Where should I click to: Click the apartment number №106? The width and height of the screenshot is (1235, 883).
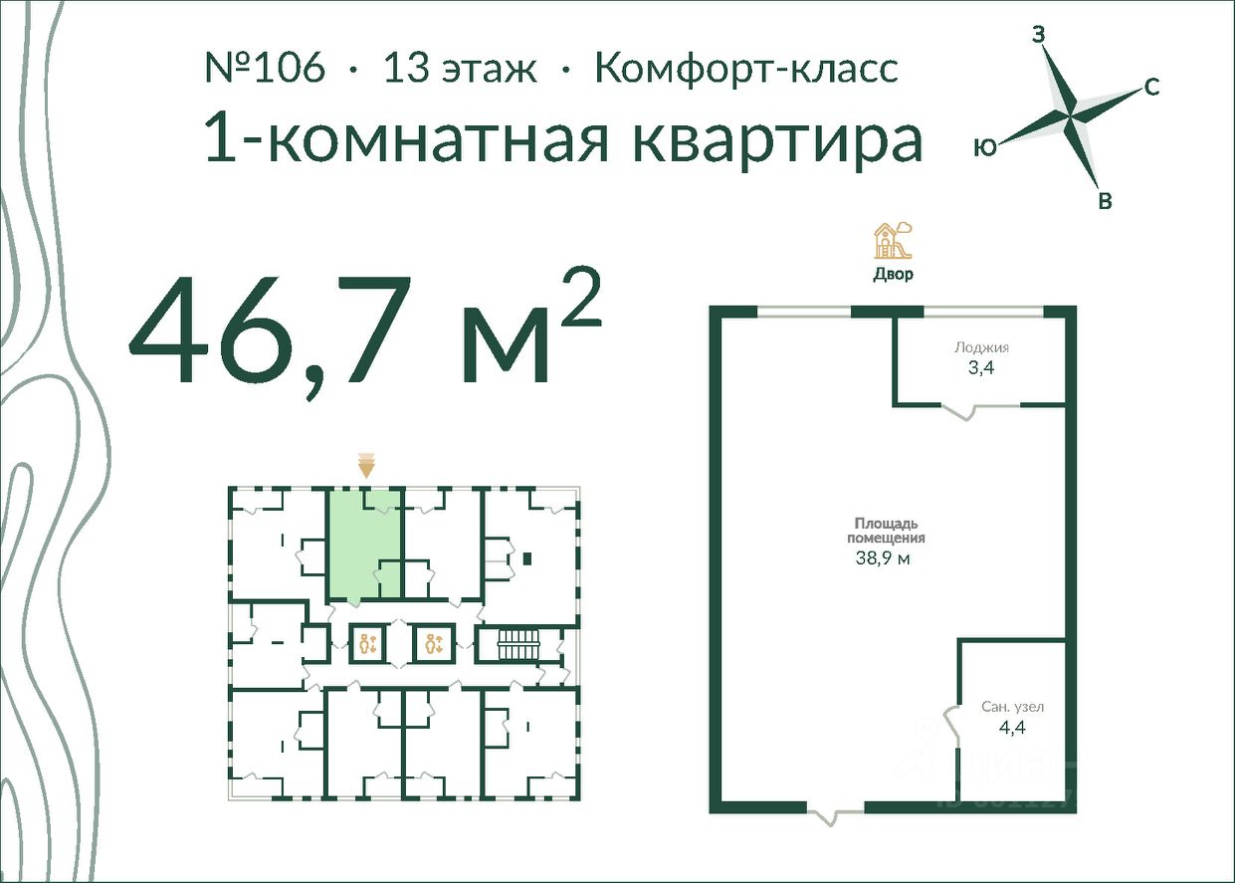[x=265, y=68]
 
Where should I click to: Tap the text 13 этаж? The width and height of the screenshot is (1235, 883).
[x=460, y=69]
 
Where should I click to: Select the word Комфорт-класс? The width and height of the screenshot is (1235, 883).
[x=747, y=68]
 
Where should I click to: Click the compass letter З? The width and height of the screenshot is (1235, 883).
[x=1039, y=35]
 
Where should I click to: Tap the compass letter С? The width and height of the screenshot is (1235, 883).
[x=1151, y=87]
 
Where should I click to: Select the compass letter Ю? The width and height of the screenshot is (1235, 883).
[x=985, y=147]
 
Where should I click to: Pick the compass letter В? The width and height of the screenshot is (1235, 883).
[x=1105, y=201]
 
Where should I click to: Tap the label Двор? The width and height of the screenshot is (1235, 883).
[x=894, y=274]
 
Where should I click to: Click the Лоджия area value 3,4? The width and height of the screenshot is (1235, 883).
[x=981, y=368]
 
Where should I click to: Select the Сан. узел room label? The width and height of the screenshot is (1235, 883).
[x=1013, y=707]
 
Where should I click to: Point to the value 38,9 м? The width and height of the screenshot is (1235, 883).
[x=883, y=558]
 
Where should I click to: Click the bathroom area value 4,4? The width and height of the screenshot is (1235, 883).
[x=1012, y=728]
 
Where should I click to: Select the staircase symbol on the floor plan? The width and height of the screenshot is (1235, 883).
[x=517, y=645]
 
